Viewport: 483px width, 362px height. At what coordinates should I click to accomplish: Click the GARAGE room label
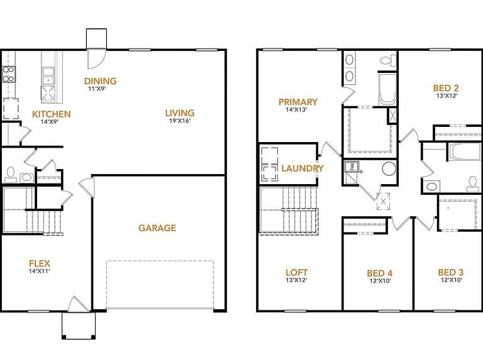click(157, 228)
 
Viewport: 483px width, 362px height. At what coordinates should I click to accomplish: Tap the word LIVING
click(180, 113)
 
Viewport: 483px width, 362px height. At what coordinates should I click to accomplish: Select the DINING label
click(101, 81)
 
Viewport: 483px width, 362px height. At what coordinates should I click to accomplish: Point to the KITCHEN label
click(52, 114)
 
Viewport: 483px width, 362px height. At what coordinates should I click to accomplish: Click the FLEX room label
click(40, 263)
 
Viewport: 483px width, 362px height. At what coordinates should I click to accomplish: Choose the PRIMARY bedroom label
click(298, 102)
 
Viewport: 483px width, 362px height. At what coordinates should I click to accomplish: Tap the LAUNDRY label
click(303, 168)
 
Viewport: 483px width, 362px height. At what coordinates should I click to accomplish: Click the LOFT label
click(296, 272)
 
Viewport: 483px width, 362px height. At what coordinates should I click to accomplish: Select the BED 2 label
click(446, 88)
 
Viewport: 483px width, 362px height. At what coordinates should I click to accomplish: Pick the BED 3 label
click(451, 272)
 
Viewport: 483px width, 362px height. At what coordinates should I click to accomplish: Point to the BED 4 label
click(380, 273)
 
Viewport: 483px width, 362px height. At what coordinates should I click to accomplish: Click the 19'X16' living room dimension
click(180, 121)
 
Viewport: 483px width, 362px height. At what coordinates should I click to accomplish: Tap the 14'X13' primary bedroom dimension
click(297, 109)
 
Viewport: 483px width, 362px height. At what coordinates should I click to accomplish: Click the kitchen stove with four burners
click(9, 75)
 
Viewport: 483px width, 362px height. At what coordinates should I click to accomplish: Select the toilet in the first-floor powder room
click(11, 175)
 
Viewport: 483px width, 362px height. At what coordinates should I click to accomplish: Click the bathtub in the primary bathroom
click(387, 89)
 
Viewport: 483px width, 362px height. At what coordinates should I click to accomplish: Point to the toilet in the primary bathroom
click(388, 60)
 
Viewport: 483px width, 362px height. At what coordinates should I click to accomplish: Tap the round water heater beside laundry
click(389, 169)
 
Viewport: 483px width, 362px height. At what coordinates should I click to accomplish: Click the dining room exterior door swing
click(96, 59)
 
